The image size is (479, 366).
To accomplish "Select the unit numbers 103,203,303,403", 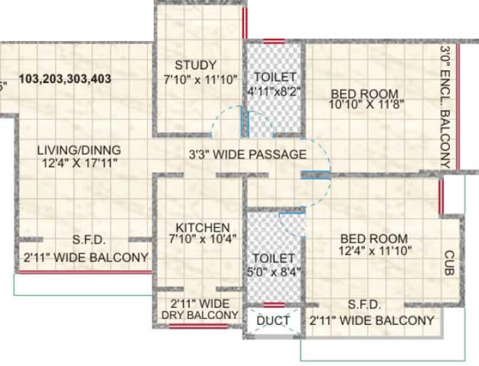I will pos(65,79).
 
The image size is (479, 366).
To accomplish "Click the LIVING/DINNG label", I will pos(79,150).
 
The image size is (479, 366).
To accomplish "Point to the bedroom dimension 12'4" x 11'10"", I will pos(375,249).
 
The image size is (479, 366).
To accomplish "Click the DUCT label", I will pos(273,320).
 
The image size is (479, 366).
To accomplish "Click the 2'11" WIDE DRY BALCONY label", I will pos(199,310).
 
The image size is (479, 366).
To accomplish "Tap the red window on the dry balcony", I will pos(198,326).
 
